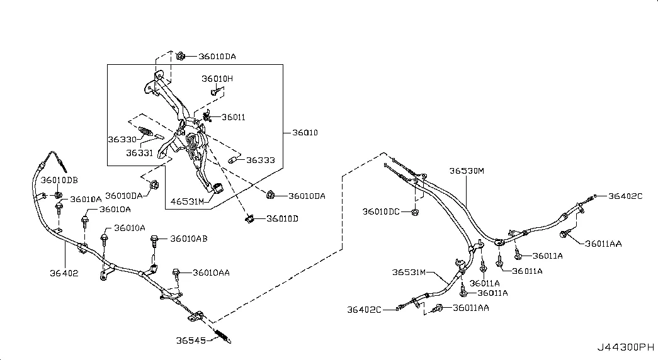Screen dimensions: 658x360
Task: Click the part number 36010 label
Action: pos(305,133)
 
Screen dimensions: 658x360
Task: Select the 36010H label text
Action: pos(217,79)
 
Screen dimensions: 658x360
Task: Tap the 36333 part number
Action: pos(261,160)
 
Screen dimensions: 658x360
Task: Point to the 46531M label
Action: pos(187,201)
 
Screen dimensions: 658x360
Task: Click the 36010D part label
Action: pos(283,218)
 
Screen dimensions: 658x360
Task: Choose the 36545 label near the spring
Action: pos(191,340)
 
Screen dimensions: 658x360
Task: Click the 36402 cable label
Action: pos(64,273)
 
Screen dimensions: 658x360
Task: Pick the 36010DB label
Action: pos(59,180)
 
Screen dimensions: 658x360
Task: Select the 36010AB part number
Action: pos(189,239)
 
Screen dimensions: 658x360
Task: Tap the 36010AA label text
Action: pos(211,273)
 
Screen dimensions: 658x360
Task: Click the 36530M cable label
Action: pos(467,171)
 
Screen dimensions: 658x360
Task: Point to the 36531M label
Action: pos(409,273)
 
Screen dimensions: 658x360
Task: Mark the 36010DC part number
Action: pos(381,212)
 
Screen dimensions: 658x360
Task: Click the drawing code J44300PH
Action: pos(626,347)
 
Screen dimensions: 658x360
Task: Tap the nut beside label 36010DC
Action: pos(415,212)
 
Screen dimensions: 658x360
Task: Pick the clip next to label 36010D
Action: pos(250,218)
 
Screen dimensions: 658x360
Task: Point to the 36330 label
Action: pos(122,139)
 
